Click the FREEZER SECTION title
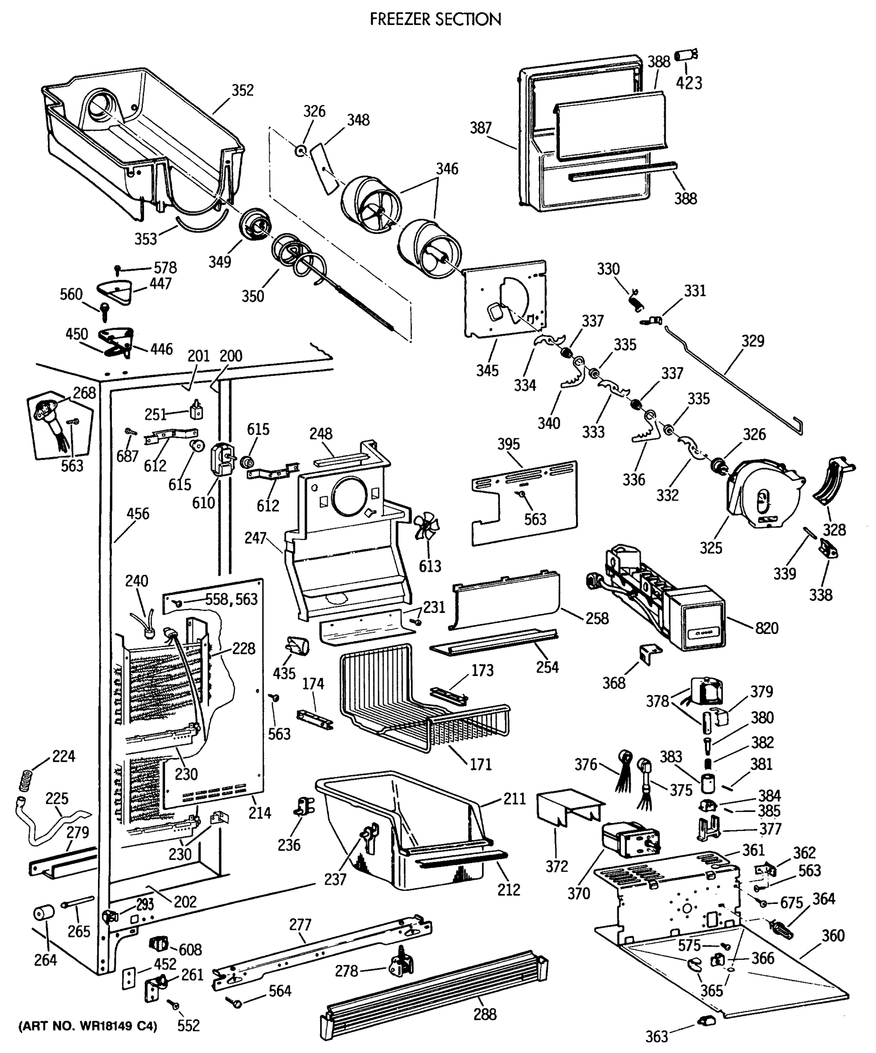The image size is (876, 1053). pyautogui.click(x=435, y=19)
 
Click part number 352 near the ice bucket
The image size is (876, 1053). pyautogui.click(x=242, y=90)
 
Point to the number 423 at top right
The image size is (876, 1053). pyautogui.click(x=689, y=83)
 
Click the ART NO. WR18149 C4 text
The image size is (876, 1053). pyautogui.click(x=88, y=1025)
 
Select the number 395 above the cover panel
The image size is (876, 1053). pyautogui.click(x=508, y=444)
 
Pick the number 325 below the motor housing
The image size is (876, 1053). pyautogui.click(x=710, y=548)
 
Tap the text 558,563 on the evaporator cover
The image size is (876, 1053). pyautogui.click(x=231, y=599)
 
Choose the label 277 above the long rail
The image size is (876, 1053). pyautogui.click(x=300, y=924)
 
